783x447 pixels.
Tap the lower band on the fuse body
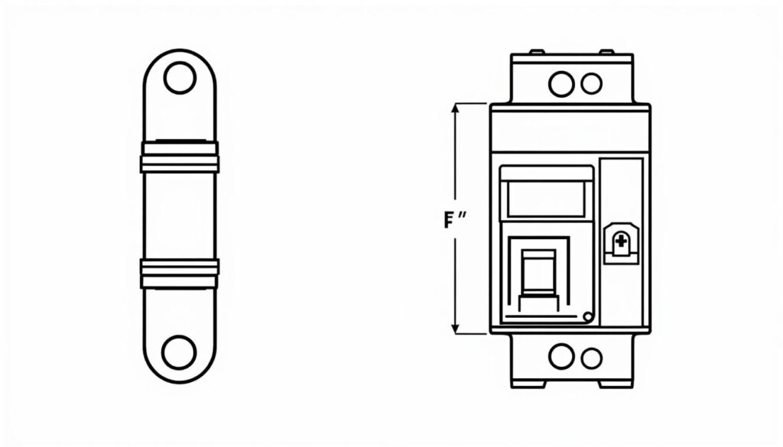tap(180, 274)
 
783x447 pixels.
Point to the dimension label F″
tap(455, 219)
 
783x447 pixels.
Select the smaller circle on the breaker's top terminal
tap(592, 84)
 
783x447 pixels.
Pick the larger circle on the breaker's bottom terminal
tap(561, 356)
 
